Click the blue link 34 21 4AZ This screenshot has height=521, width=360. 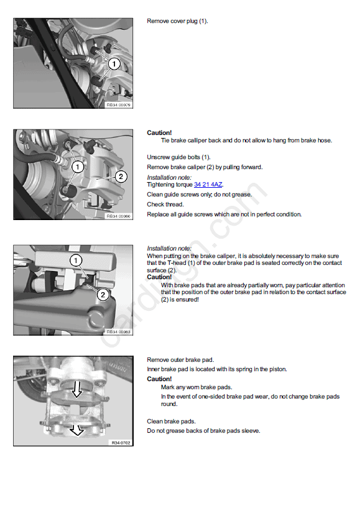coord(208,185)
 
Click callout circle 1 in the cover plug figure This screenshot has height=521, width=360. coord(114,63)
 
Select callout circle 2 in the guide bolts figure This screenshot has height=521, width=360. coord(121,177)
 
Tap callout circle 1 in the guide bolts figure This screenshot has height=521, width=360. coord(78,167)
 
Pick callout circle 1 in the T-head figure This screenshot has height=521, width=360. coord(76,260)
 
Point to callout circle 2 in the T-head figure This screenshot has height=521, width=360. coord(103,295)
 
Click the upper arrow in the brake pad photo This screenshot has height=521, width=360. coord(77,389)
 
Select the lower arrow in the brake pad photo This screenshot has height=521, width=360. coord(76,430)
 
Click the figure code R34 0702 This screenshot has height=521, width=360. coord(121,443)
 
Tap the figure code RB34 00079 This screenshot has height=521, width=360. coord(118,104)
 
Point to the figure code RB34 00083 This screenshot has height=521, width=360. coord(118,331)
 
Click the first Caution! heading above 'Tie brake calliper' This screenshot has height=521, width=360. coord(159,132)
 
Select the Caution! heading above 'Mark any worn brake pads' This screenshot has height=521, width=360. coord(159,379)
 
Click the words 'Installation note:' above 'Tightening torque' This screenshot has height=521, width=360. coord(169,177)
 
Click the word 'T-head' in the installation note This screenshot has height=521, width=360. coord(177,263)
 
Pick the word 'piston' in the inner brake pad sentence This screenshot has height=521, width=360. coord(277,369)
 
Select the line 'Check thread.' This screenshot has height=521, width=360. coord(165,205)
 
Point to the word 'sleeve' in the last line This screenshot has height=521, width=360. coord(250,431)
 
